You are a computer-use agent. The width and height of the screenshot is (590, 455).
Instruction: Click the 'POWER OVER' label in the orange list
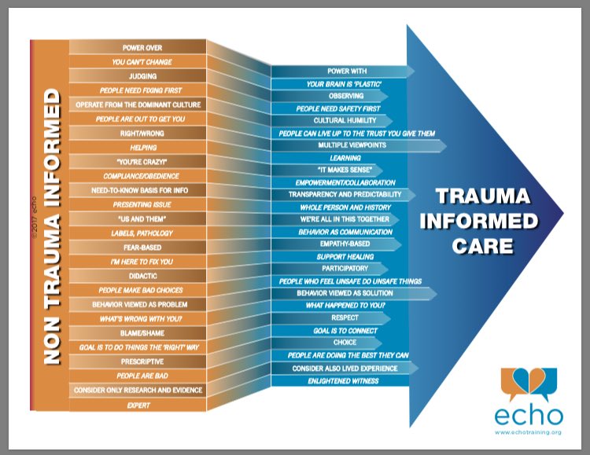[x=138, y=48]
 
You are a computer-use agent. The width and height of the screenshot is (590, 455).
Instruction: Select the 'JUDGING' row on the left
[x=138, y=76]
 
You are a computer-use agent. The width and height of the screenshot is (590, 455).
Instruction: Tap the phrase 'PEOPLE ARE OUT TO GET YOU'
[x=138, y=119]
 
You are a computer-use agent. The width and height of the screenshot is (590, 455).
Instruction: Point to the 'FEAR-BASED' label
[x=138, y=247]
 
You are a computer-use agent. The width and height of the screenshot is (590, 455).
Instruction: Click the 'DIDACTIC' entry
[x=138, y=276]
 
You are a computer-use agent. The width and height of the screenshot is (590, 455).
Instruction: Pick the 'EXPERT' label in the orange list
[x=138, y=405]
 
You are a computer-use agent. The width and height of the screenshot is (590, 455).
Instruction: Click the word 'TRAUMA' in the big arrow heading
[x=483, y=195]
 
